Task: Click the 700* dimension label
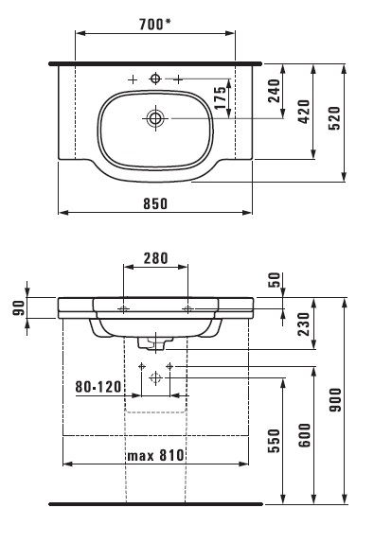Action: pos(155,25)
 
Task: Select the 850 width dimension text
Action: pos(155,204)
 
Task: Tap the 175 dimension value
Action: pos(220,98)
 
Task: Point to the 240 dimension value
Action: pos(275,91)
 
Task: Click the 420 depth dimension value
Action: pos(304,112)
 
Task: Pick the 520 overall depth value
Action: pos(334,118)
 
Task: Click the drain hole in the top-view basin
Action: pos(155,118)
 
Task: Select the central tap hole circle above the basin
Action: pos(155,79)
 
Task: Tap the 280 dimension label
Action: pos(155,258)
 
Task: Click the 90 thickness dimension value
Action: pos(19,307)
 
